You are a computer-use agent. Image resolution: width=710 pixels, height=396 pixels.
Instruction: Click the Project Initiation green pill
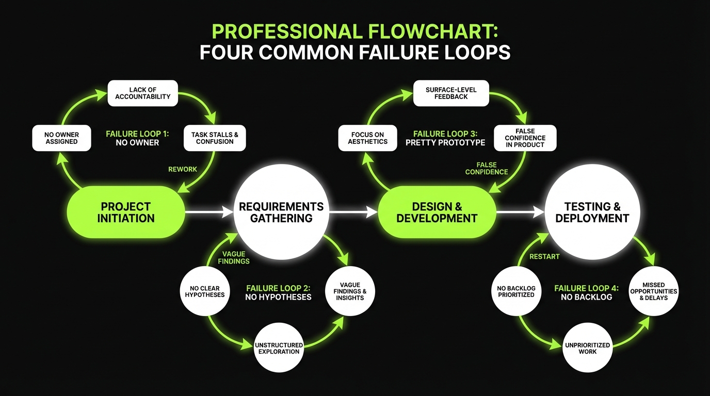coord(126,212)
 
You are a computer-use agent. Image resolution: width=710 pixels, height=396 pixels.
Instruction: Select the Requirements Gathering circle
coord(281,212)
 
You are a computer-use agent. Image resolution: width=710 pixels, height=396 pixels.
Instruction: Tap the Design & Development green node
coord(437,212)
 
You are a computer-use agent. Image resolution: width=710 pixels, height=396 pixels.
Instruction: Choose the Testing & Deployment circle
coord(592,212)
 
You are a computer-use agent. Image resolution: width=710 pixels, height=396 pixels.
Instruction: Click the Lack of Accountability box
coord(142,93)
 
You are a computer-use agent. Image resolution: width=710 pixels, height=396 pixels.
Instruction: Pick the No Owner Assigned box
coord(61,138)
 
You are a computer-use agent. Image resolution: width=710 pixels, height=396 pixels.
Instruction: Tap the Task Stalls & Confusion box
coord(215,138)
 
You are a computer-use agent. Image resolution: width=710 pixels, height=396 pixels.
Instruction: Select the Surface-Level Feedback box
coord(451,93)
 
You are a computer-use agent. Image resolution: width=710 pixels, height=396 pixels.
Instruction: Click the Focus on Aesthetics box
coord(367,138)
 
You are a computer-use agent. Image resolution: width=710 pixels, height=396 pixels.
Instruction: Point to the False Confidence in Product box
coord(525,138)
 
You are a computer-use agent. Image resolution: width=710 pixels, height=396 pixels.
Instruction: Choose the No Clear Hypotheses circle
coord(205,292)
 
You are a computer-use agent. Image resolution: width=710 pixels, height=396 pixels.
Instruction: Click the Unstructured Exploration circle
coord(279,348)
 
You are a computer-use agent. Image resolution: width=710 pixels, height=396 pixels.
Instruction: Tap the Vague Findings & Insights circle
coord(350,291)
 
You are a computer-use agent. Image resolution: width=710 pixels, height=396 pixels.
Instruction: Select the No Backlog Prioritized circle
coord(516,292)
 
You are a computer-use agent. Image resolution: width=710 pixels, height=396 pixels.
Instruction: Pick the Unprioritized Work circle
coord(587,348)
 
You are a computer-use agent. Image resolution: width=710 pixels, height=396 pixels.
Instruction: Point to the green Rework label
coord(183,169)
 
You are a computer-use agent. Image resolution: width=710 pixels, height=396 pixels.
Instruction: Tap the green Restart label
coord(544,256)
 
